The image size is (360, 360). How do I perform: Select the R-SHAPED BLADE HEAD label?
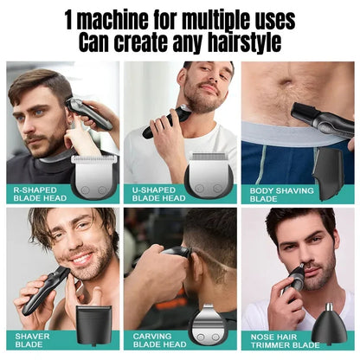pyautogui.click(x=38, y=193)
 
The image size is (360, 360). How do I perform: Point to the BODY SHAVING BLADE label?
pyautogui.click(x=277, y=193)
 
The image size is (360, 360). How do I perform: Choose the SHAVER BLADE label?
pyautogui.click(x=32, y=339)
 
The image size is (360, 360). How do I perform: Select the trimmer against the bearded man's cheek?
pyautogui.click(x=170, y=121)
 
